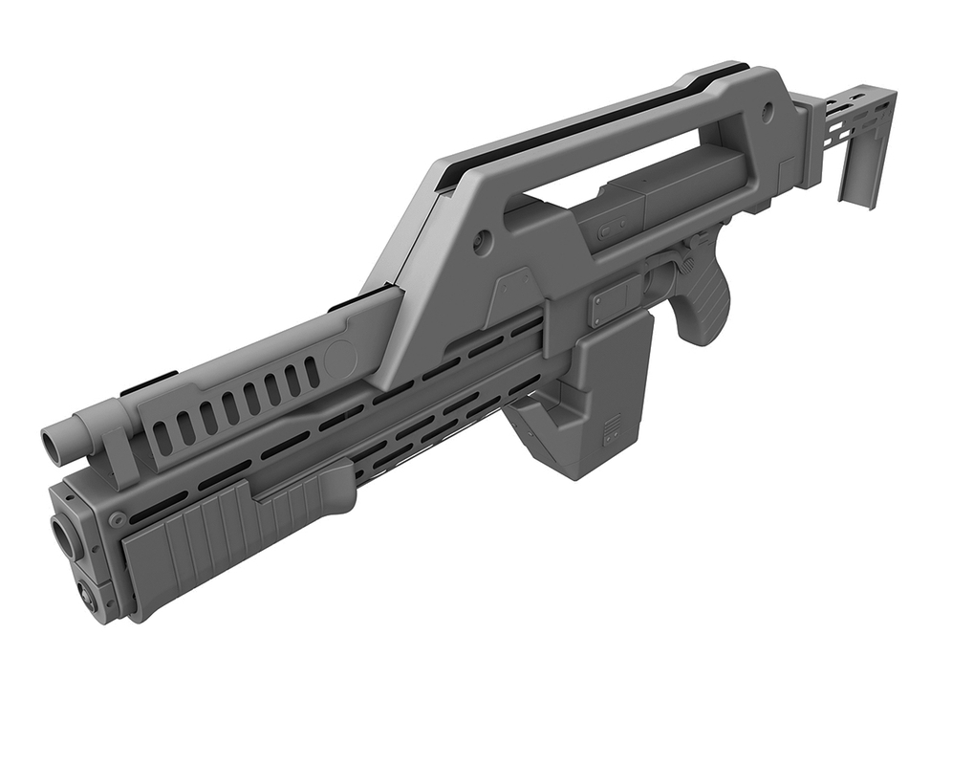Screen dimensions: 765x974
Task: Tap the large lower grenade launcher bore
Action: click(64, 536)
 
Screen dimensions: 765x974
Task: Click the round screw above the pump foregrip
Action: click(118, 519)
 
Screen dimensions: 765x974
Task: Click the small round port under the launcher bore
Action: click(89, 599)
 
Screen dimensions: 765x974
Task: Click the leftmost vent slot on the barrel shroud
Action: click(163, 436)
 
